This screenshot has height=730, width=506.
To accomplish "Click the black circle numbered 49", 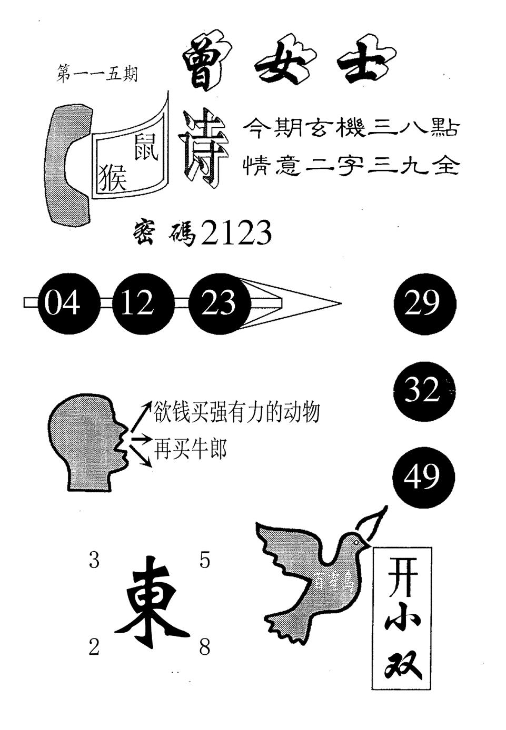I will (423, 478).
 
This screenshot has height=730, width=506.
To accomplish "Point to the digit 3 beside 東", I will (94, 561).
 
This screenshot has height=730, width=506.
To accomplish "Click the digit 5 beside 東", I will (205, 561).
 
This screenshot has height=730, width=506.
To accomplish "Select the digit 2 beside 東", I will (94, 648).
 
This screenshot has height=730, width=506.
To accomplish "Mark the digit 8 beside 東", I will (205, 648).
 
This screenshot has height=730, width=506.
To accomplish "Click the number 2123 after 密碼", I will (236, 233).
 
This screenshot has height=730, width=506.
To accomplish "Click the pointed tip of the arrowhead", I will (340, 303).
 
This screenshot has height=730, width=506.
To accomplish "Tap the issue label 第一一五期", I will (96, 74).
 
